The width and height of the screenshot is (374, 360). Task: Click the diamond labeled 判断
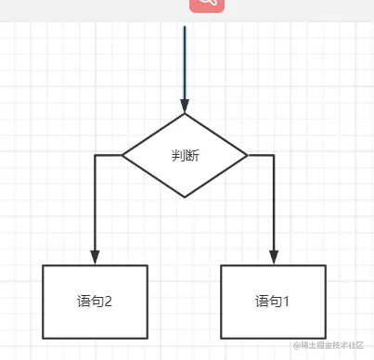click(x=185, y=155)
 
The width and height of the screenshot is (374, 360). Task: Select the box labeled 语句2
click(x=95, y=302)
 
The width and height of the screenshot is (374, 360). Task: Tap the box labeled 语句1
click(x=273, y=302)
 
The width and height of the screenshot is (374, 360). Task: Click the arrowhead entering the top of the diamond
click(x=185, y=107)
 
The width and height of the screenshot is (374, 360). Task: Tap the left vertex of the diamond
click(x=123, y=155)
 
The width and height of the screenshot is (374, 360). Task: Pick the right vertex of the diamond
click(x=247, y=155)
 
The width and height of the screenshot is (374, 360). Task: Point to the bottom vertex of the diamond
click(x=185, y=197)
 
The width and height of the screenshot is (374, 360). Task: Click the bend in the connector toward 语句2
click(x=95, y=155)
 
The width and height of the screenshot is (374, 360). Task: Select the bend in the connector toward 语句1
click(x=274, y=155)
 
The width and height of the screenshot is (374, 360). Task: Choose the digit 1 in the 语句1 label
click(x=287, y=302)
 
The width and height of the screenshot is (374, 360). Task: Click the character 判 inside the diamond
click(x=178, y=155)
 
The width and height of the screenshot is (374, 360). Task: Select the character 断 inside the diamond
click(x=191, y=155)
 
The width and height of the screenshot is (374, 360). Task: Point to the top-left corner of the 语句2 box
click(x=44, y=265)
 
